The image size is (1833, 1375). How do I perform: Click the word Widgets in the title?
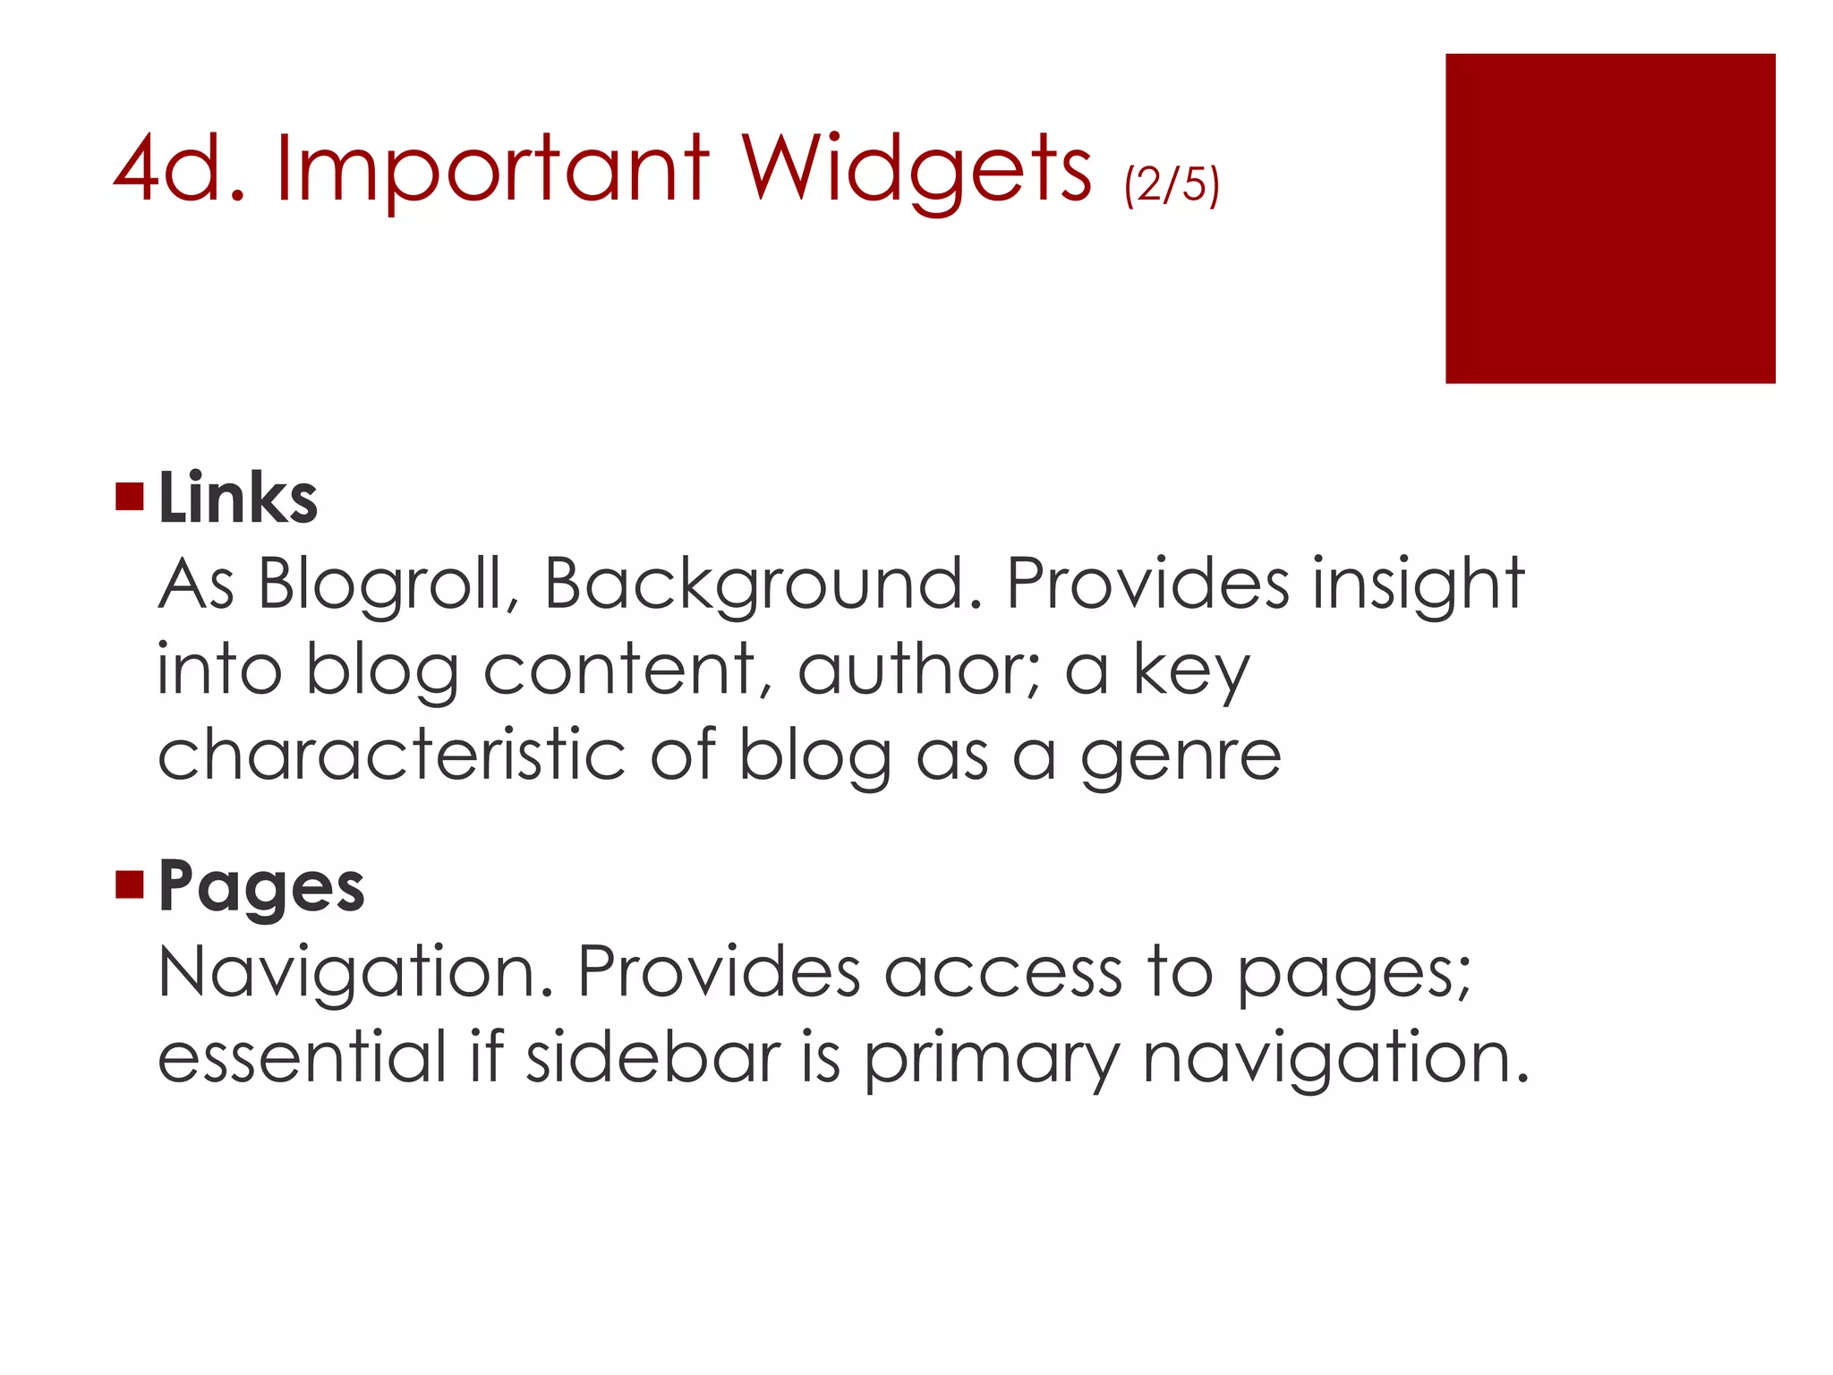coord(915,170)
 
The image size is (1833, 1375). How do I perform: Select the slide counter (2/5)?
coord(1172,184)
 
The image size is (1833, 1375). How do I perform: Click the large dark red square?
coord(1609,218)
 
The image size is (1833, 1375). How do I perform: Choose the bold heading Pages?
coord(261,887)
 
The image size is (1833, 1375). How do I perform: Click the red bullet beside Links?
coord(130,496)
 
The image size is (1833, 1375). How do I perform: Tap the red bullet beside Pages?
coord(130,884)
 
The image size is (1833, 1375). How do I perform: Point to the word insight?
coord(1418,585)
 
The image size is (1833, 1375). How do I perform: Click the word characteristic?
coord(391,755)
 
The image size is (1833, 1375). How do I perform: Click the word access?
coord(1002,973)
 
